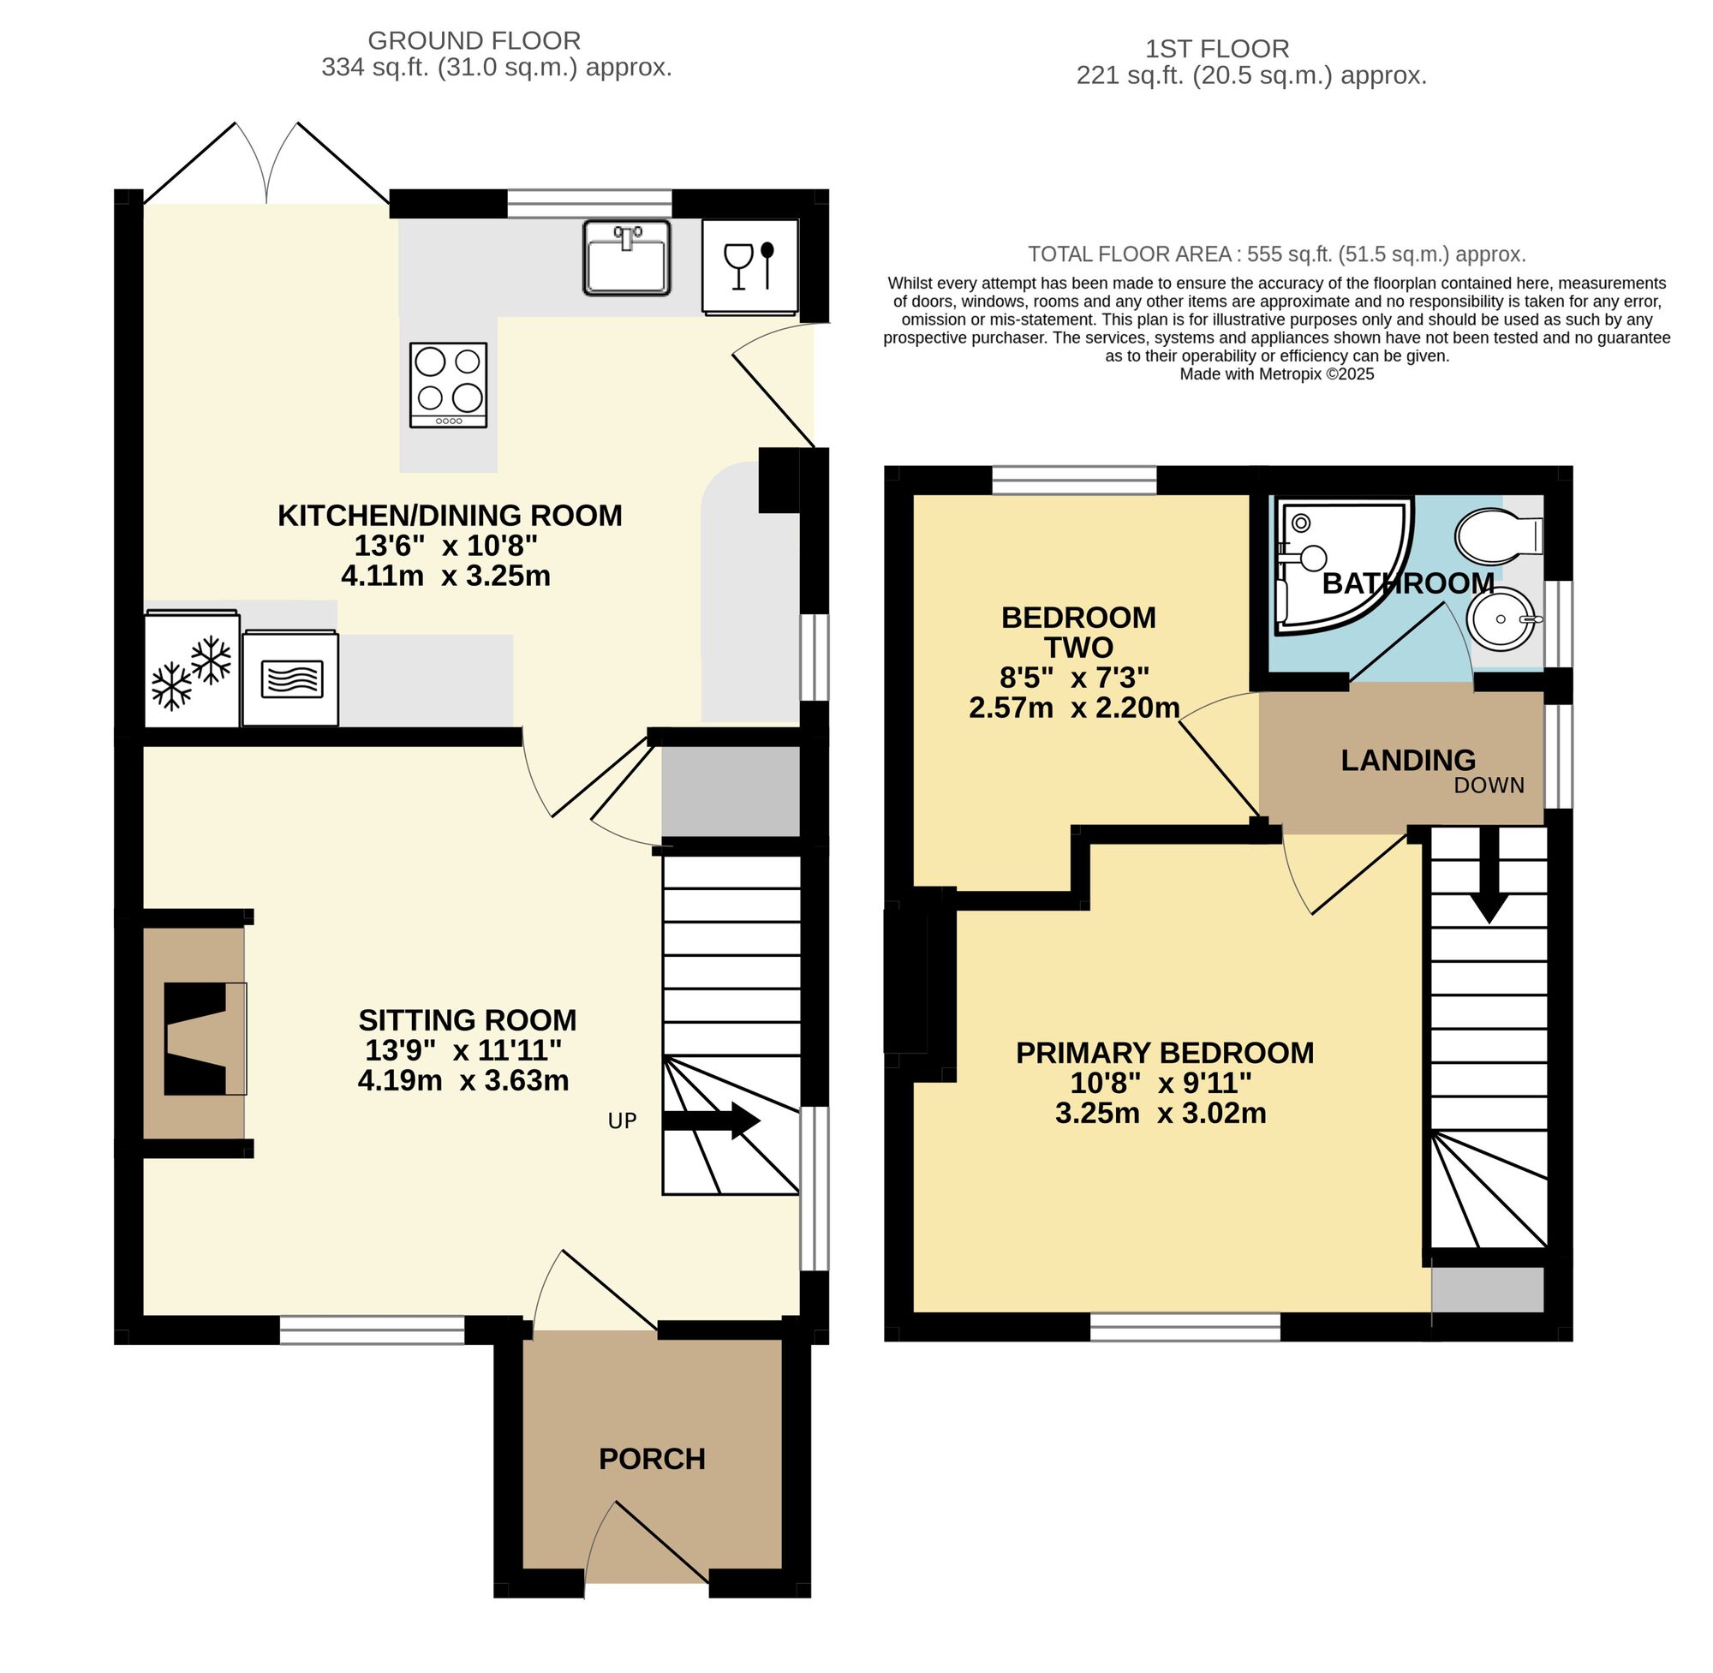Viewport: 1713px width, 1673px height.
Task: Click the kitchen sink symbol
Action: click(x=625, y=258)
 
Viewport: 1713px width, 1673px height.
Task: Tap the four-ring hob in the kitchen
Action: click(x=448, y=385)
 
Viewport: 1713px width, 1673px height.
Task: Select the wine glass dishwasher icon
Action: click(x=749, y=266)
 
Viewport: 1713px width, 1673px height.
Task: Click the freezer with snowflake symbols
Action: click(x=192, y=670)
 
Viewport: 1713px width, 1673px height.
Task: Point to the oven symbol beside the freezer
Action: click(x=290, y=678)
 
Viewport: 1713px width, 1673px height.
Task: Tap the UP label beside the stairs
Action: click(x=622, y=1120)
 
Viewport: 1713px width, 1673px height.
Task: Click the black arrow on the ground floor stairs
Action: click(x=711, y=1121)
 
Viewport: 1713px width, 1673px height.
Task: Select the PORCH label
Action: click(x=652, y=1459)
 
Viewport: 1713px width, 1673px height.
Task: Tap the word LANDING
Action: click(x=1407, y=760)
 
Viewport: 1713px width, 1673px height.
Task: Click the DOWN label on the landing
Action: click(x=1488, y=786)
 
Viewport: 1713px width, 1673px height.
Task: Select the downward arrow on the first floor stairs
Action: click(x=1489, y=879)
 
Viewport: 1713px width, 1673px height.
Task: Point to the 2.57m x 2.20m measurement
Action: click(x=1073, y=708)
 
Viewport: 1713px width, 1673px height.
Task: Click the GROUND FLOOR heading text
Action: click(x=474, y=40)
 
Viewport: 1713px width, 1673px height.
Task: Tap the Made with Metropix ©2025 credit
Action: click(x=1275, y=374)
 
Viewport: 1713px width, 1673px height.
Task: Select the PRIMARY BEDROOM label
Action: click(x=1164, y=1053)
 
